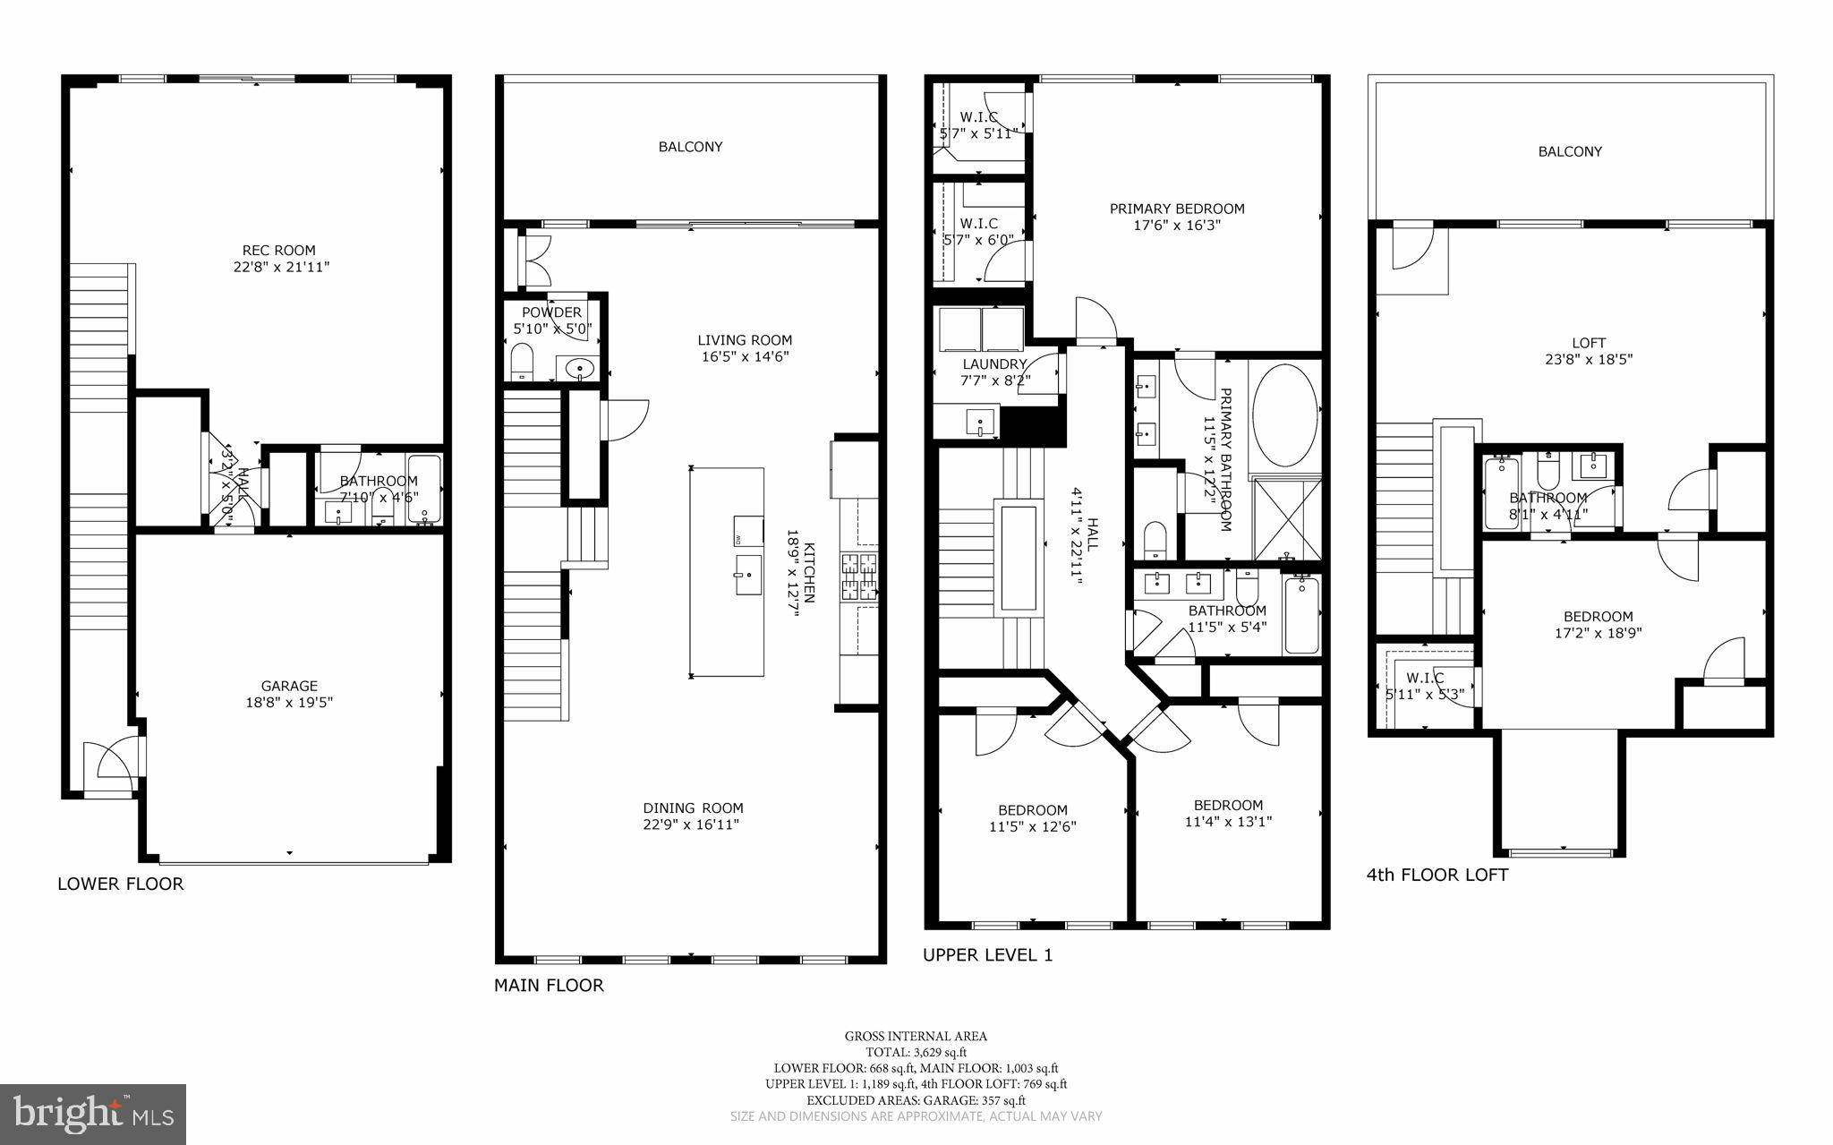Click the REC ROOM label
(x=278, y=251)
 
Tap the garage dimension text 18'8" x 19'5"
(x=289, y=703)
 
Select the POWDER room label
(x=551, y=312)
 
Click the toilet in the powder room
(x=521, y=363)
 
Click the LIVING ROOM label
(x=745, y=340)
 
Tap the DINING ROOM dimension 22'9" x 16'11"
(x=692, y=825)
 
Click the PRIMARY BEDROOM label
(x=1177, y=209)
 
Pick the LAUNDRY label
(x=993, y=364)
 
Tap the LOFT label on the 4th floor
(x=1589, y=343)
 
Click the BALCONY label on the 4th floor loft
(x=1570, y=151)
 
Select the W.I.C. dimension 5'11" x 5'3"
(x=1424, y=694)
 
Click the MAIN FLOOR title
(x=549, y=985)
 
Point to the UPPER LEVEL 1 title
(x=987, y=954)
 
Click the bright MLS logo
(x=93, y=1114)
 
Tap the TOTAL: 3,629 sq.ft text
(x=916, y=1052)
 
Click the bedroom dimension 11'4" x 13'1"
(x=1228, y=821)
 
